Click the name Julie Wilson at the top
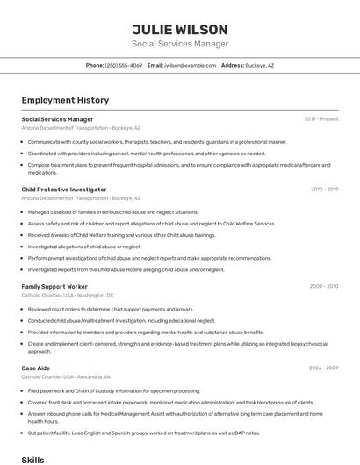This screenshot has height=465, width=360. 179,30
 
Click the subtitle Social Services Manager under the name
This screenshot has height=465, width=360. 179,44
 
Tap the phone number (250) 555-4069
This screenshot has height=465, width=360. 123,65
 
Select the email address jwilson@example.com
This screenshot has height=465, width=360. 190,65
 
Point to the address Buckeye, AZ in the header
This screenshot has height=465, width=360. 259,65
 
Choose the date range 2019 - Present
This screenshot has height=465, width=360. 321,119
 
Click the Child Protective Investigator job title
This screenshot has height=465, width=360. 64,190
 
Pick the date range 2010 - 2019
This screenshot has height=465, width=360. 324,190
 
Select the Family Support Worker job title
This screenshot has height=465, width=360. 54,286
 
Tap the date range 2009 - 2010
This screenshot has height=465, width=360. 324,286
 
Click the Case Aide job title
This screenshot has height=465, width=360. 36,368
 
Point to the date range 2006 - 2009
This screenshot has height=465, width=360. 324,368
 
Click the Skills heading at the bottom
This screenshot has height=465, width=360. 32,459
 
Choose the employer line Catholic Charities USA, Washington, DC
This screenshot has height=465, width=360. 68,296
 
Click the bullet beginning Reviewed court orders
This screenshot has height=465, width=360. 111,310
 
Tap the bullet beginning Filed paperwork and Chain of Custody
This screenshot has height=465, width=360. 114,391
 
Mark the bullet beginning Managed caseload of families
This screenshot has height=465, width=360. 113,212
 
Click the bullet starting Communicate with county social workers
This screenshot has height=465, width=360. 157,142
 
